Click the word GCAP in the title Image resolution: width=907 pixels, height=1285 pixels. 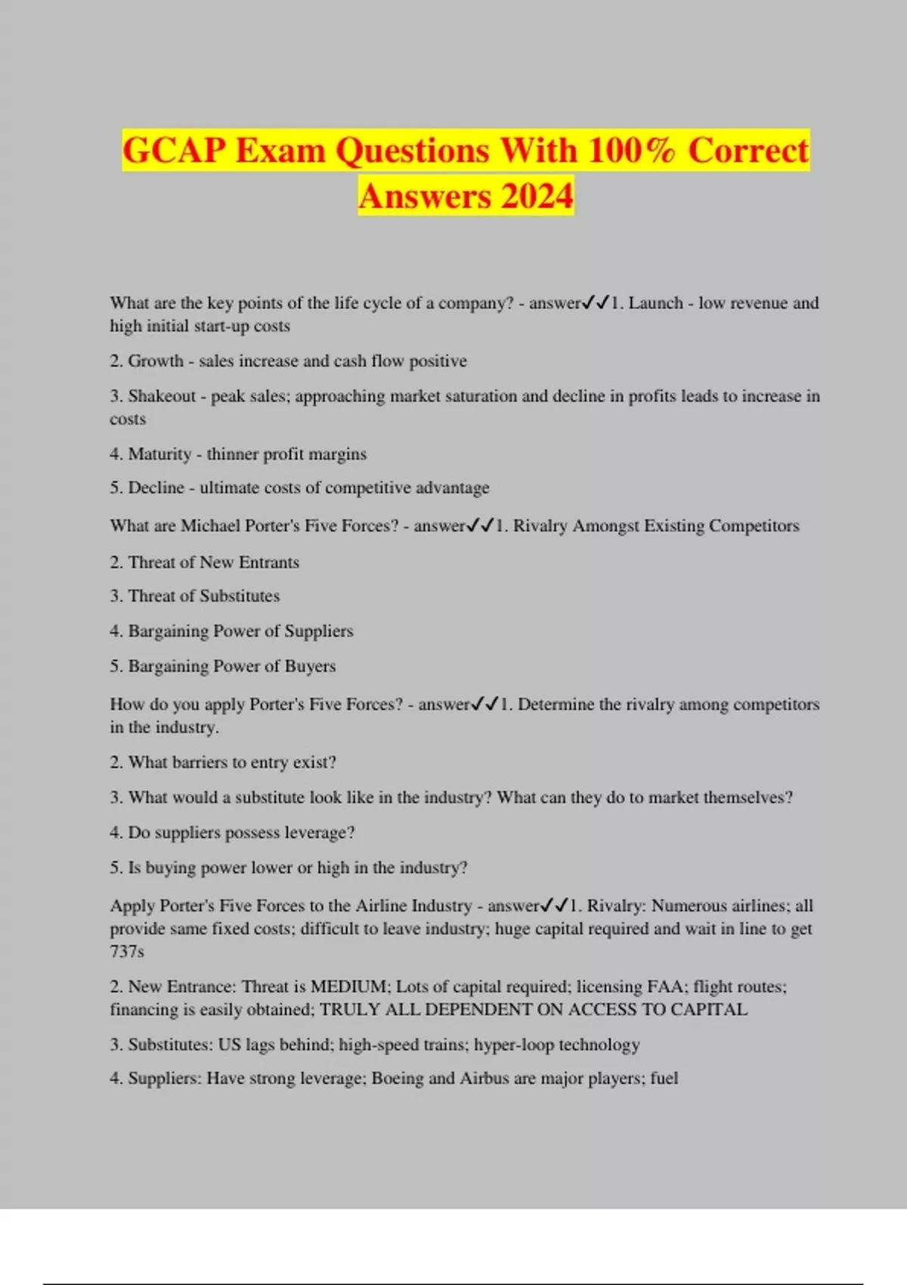point(174,150)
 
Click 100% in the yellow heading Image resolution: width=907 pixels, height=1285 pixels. point(631,150)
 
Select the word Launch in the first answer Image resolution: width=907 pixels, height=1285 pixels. point(655,303)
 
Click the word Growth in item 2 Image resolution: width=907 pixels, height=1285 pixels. point(156,361)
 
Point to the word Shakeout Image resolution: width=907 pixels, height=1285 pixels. point(162,396)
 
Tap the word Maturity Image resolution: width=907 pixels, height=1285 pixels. point(159,454)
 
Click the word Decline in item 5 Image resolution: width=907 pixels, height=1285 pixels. point(156,488)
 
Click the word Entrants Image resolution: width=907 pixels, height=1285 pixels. point(268,562)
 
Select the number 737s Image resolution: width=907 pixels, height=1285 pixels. point(127,952)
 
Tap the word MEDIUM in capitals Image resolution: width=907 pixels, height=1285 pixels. point(348,986)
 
